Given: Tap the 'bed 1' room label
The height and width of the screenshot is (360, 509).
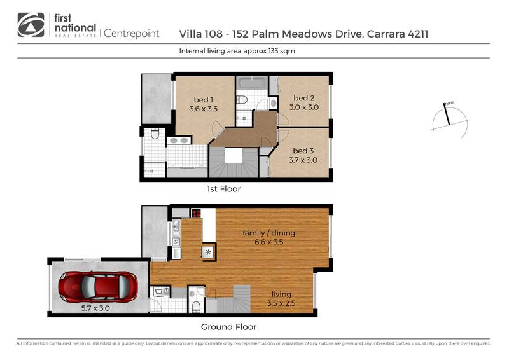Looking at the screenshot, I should tap(204, 104).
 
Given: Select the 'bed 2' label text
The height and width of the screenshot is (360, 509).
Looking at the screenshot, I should tap(303, 102).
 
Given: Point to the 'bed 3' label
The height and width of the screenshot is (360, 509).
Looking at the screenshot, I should tap(303, 155).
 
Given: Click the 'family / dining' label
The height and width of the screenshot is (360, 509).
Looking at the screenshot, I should tap(268, 237).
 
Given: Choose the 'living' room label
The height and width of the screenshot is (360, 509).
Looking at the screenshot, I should tap(281, 298).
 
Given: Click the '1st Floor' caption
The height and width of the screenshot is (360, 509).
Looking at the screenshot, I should tap(223, 189).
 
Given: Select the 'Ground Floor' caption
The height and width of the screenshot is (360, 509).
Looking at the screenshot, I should tap(228, 327).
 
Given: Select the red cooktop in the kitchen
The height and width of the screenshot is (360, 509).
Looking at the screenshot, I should tap(196, 214).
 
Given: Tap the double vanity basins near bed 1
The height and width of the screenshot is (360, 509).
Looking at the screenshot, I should tap(178, 141).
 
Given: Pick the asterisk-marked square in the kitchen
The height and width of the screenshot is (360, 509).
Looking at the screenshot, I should tap(208, 252).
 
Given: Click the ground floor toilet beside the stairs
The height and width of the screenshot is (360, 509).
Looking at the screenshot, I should tap(197, 305).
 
